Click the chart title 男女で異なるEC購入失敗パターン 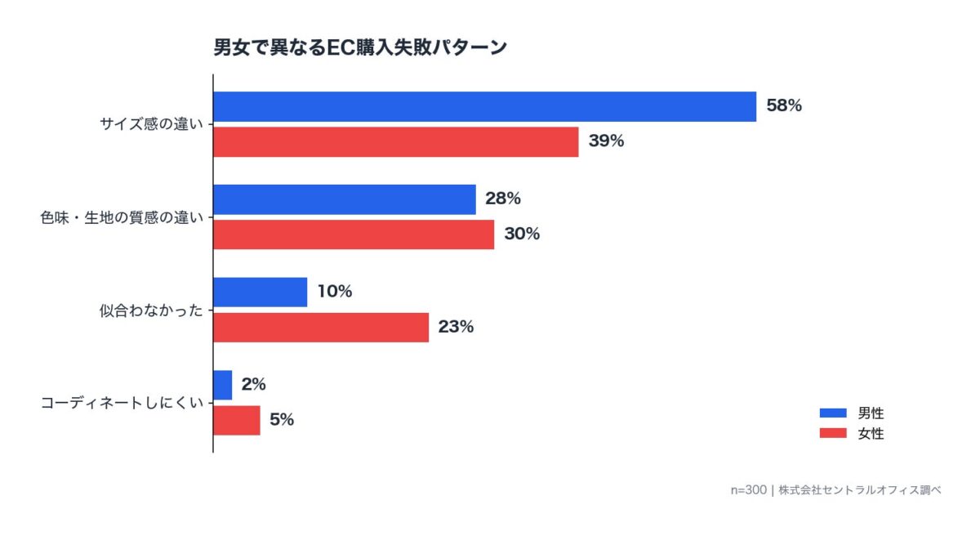[360, 47]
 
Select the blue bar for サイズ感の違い [484, 106]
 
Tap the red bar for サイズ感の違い [395, 141]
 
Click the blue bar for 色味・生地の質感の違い [344, 199]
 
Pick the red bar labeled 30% [353, 234]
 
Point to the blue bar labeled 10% [260, 293]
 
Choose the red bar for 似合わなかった [320, 328]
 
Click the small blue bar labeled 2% [222, 385]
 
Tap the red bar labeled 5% [236, 420]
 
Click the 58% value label [784, 105]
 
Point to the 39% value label [606, 141]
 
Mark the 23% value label [456, 328]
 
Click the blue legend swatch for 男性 [833, 413]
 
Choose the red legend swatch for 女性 [833, 434]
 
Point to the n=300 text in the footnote [748, 490]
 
